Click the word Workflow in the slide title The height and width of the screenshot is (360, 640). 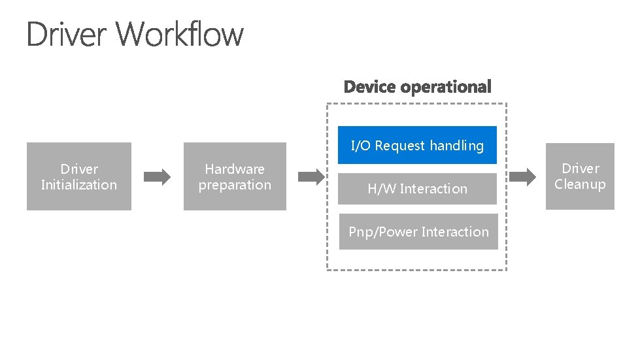[182, 34]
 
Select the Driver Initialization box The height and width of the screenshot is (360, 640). [78, 176]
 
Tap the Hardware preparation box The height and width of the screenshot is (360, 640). [235, 176]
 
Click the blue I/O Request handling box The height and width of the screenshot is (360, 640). [417, 145]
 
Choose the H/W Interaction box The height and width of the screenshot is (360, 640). [417, 189]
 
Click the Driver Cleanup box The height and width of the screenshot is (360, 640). [580, 176]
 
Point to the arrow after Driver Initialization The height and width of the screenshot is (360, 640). [157, 176]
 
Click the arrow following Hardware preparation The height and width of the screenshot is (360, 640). [312, 176]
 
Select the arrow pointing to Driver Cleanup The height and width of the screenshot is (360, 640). [522, 176]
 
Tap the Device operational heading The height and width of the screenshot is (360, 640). [417, 87]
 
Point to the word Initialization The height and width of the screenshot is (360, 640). [78, 185]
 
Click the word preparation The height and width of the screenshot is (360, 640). [235, 185]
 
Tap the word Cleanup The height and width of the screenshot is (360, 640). [580, 184]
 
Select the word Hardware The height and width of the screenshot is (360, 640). [235, 169]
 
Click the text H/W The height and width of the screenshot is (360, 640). [382, 189]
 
